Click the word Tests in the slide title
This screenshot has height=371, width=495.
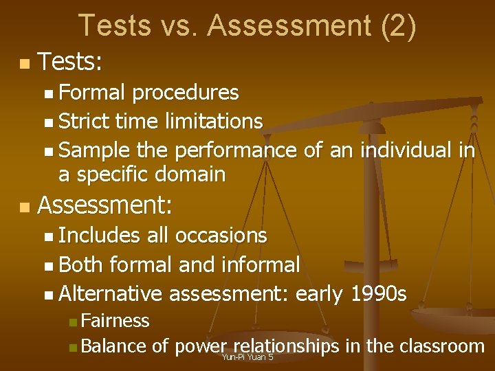[113, 25]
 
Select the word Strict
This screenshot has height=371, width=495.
[84, 122]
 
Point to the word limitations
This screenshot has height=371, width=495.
[214, 122]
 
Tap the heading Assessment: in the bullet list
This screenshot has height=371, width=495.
[106, 204]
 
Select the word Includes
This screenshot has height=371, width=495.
[100, 235]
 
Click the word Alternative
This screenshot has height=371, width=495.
[111, 294]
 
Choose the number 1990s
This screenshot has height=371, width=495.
[378, 294]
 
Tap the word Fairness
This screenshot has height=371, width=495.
[114, 320]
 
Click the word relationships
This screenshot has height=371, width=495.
[286, 346]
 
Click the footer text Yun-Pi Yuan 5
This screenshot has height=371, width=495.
[247, 357]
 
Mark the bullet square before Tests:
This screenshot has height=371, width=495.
[25, 65]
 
